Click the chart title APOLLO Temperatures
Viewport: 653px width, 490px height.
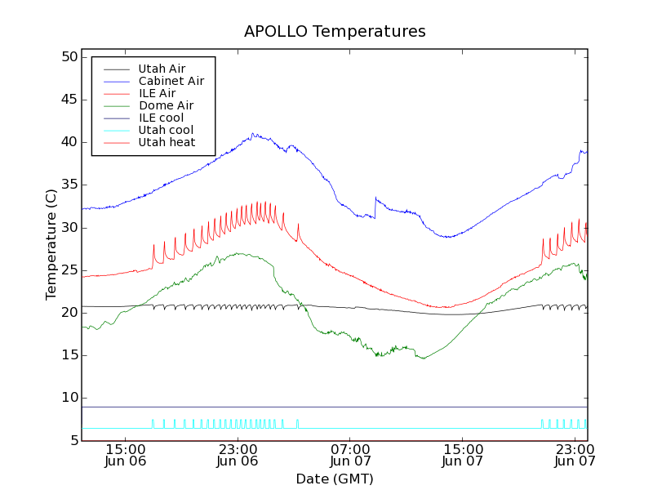pyautogui.click(x=335, y=32)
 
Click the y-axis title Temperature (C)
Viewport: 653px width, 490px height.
pyautogui.click(x=51, y=245)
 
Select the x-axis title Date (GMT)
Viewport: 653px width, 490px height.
pyautogui.click(x=335, y=479)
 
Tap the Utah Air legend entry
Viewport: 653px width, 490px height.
pyautogui.click(x=162, y=69)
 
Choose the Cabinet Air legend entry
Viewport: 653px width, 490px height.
pyautogui.click(x=171, y=81)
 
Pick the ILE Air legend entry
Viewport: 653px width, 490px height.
pyautogui.click(x=157, y=93)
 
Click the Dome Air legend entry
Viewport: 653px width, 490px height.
pyautogui.click(x=166, y=105)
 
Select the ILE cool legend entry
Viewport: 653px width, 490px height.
pyautogui.click(x=161, y=118)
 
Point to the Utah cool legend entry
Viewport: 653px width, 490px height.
pyautogui.click(x=166, y=130)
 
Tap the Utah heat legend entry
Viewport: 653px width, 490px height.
pyautogui.click(x=167, y=142)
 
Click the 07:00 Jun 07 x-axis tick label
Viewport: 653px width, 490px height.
pyautogui.click(x=349, y=455)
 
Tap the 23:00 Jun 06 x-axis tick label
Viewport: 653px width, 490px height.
pyautogui.click(x=237, y=455)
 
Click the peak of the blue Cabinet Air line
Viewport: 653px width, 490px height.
pyautogui.click(x=253, y=133)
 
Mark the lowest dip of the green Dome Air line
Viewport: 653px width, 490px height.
pyautogui.click(x=423, y=359)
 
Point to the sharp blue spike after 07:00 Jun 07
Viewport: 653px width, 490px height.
pyautogui.click(x=375, y=198)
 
